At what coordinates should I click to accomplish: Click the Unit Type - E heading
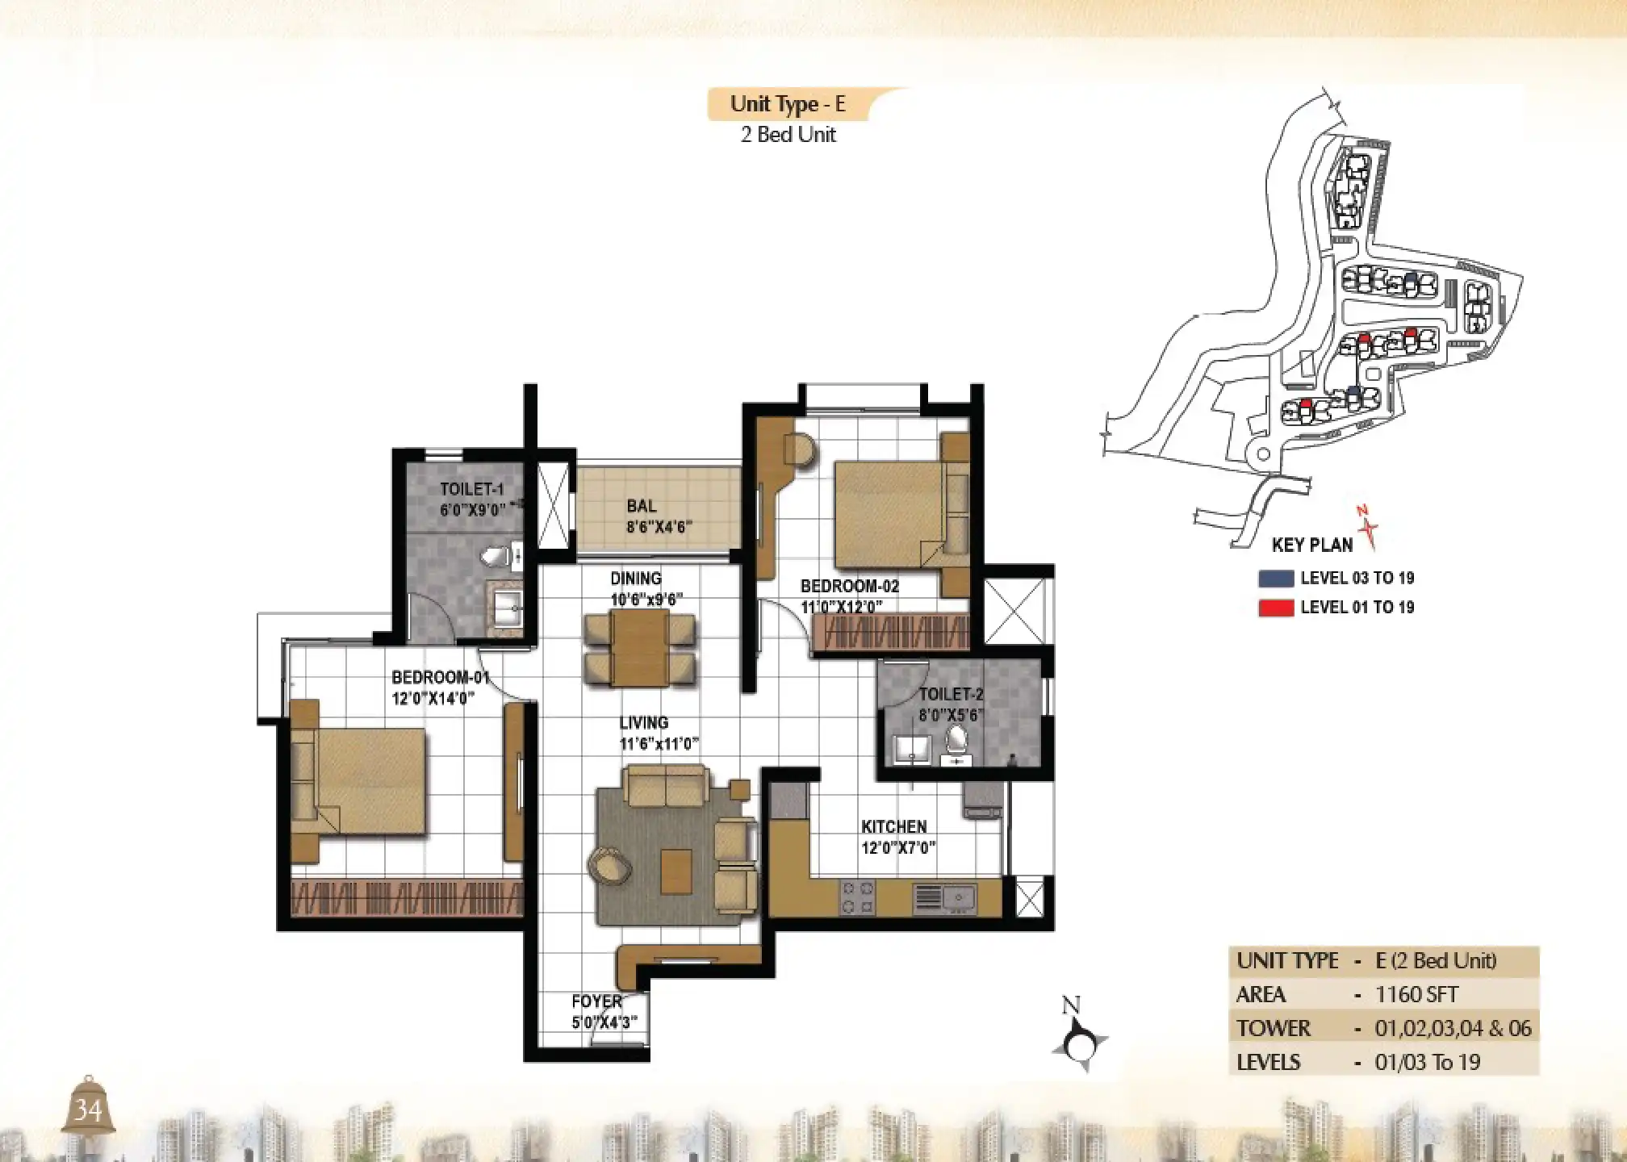788,104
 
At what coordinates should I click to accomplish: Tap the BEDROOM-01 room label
441,677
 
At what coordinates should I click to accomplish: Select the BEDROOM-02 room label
850,587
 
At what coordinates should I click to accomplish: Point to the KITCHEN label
893,827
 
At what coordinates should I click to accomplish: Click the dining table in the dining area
639,648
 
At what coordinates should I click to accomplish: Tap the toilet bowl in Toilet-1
496,556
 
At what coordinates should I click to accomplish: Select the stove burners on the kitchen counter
857,897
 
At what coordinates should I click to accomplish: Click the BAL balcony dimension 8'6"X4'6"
659,528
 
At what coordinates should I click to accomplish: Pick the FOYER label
596,1001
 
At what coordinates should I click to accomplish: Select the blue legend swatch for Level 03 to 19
1276,579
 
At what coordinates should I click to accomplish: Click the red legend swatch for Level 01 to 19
1276,608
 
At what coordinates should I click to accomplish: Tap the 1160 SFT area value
1416,994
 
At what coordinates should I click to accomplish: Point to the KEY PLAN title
1312,545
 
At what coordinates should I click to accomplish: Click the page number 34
88,1111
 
